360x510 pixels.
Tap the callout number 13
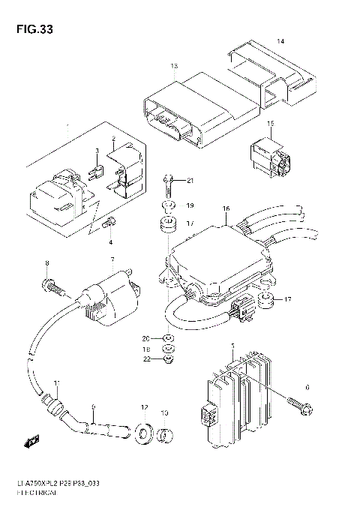(x=174, y=67)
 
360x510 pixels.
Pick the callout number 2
(x=113, y=139)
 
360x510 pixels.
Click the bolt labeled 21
(x=169, y=180)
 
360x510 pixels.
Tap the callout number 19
(x=190, y=205)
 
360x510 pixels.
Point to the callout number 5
(x=233, y=346)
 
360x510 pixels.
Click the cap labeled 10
(x=166, y=435)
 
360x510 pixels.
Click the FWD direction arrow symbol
(x=31, y=441)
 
